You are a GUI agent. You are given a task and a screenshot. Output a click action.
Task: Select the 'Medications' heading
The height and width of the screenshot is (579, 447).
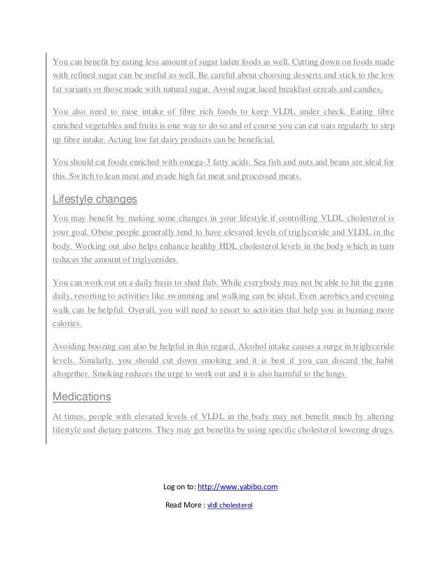tap(82, 397)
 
